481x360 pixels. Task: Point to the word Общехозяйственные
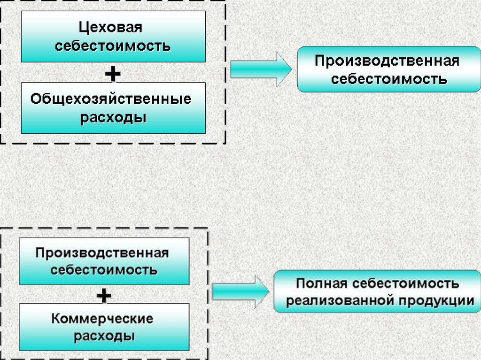coord(111,99)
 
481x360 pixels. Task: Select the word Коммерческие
coord(102,319)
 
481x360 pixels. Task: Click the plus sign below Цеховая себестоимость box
coord(113,73)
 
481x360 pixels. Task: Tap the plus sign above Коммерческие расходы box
coord(103,295)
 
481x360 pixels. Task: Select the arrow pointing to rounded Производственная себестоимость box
coord(261,70)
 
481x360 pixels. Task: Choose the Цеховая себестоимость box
coord(113,37)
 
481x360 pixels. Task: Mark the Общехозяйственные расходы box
coord(113,108)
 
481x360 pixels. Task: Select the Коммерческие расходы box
coord(104,327)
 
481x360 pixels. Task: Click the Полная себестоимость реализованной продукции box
coord(377,291)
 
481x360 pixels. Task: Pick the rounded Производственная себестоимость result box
coord(388,69)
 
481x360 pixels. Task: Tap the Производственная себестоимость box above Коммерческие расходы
coord(104,261)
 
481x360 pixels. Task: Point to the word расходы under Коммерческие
coord(104,336)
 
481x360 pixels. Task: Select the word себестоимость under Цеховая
coord(113,46)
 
